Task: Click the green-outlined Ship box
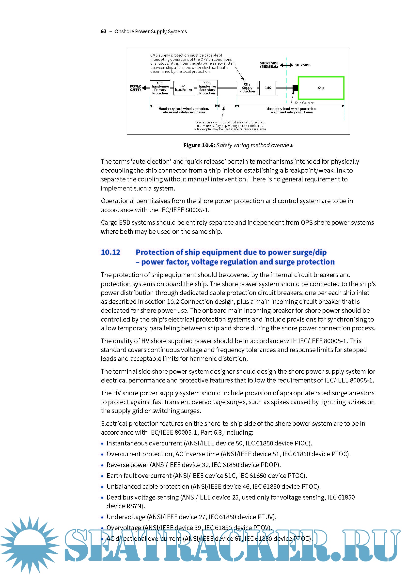click(321, 88)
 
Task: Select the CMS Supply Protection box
click(247, 88)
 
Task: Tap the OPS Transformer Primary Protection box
click(160, 88)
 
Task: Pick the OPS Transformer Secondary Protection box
click(207, 88)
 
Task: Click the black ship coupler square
click(295, 88)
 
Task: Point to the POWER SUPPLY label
click(135, 88)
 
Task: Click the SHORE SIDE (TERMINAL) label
click(269, 65)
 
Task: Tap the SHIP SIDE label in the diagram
click(302, 65)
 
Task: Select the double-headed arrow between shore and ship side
click(286, 65)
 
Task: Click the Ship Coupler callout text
click(304, 103)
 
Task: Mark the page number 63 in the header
click(104, 31)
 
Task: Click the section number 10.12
click(110, 252)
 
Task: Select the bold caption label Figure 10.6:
click(199, 145)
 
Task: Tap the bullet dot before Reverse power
click(102, 465)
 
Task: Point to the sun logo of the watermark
click(30, 546)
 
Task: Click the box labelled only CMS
click(267, 88)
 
